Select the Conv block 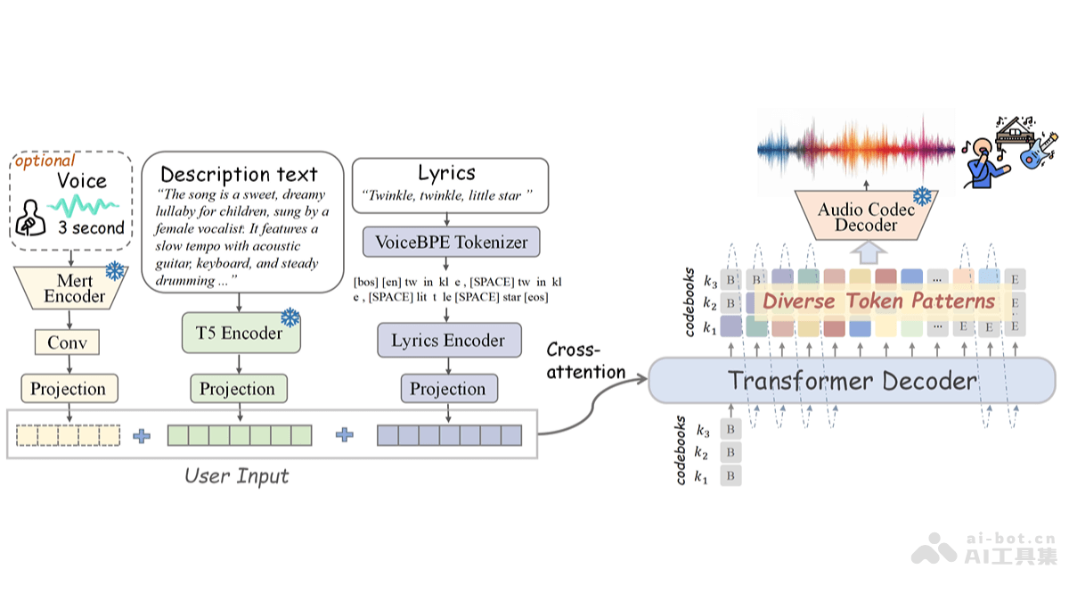tap(68, 342)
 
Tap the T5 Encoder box tap(239, 334)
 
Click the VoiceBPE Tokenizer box tap(451, 242)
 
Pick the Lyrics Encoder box tap(447, 341)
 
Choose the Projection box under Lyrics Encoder tap(447, 389)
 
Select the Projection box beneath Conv tap(68, 389)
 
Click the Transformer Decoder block tap(852, 382)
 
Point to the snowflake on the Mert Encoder tap(115, 270)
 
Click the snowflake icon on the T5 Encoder tap(290, 317)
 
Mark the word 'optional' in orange tap(45, 161)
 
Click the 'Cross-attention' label tap(585, 360)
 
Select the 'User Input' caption tap(237, 475)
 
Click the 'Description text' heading tap(239, 174)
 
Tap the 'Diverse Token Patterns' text tap(878, 301)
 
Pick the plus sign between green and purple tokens tap(345, 435)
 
